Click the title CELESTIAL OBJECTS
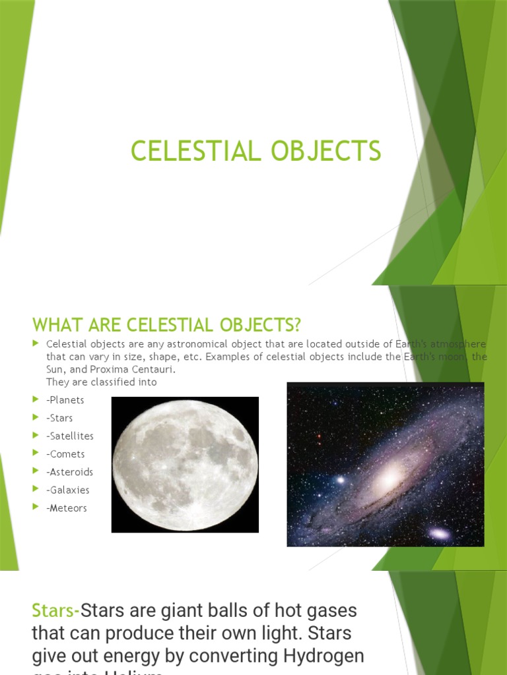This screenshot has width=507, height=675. (x=255, y=151)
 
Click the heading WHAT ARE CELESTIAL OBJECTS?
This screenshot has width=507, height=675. (x=166, y=325)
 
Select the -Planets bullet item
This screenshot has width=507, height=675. (x=65, y=400)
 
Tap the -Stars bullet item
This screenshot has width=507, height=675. (x=59, y=418)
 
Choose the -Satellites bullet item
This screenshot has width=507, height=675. (x=70, y=436)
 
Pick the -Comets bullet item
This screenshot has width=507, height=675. (x=65, y=454)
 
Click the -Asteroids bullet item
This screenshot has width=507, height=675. (x=69, y=472)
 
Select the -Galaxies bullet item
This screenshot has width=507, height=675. (x=68, y=490)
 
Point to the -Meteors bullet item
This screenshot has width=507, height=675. (x=67, y=508)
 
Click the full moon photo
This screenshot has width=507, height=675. (x=185, y=464)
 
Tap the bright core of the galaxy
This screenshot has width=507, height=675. (x=391, y=473)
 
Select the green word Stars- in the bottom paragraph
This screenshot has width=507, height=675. (x=55, y=610)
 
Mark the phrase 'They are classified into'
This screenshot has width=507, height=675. (x=102, y=382)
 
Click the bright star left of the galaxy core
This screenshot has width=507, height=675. (x=341, y=480)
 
